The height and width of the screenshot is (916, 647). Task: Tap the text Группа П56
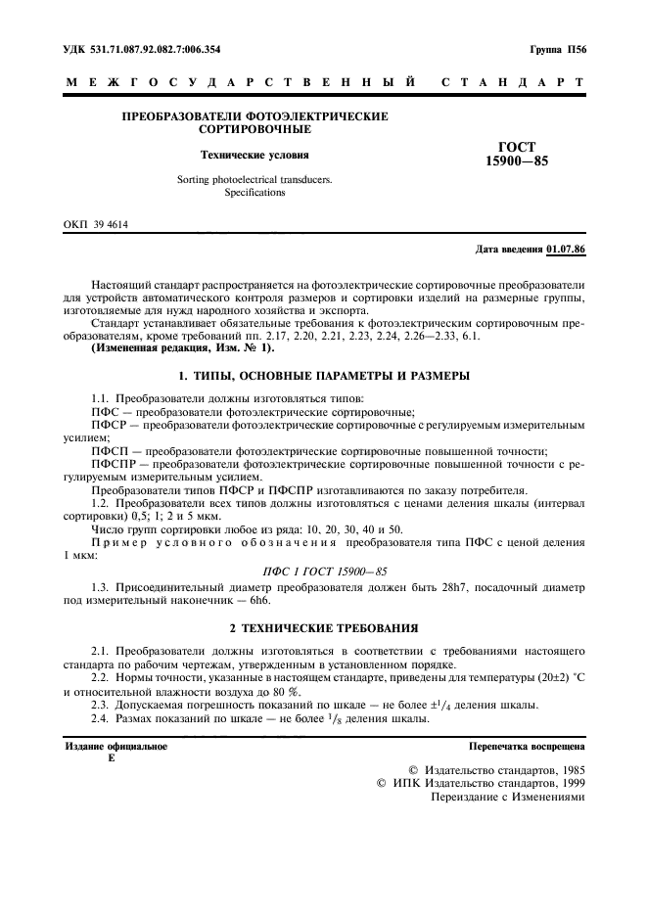557,48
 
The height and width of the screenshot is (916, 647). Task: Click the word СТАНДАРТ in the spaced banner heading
514,82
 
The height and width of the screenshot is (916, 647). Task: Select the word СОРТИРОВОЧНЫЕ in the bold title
254,129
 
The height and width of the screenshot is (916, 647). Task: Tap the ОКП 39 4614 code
96,225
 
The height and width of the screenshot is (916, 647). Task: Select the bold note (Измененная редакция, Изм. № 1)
182,348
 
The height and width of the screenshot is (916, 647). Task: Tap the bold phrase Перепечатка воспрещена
527,746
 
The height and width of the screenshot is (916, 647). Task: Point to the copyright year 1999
569,783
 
